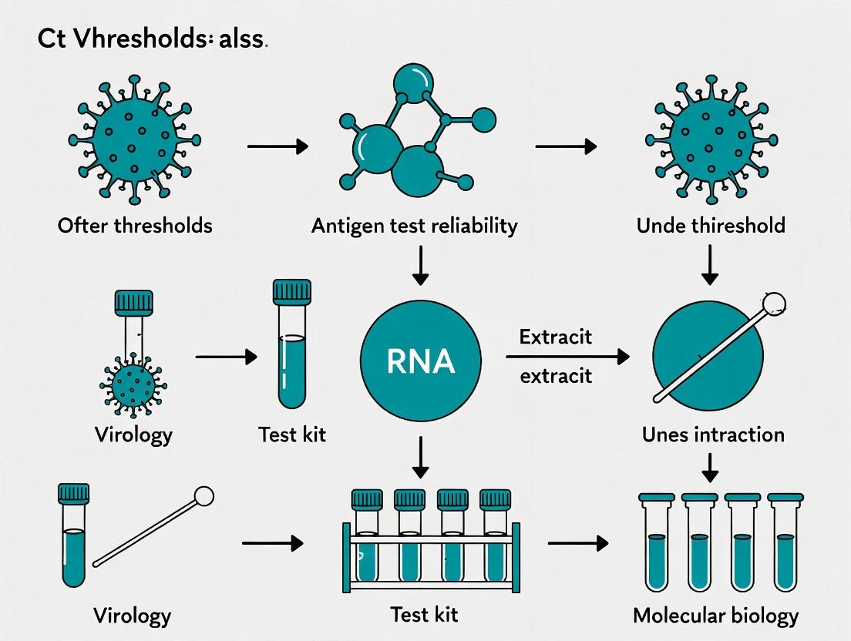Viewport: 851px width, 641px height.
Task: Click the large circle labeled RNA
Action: click(421, 361)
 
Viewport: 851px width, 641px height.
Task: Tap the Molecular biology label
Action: click(715, 616)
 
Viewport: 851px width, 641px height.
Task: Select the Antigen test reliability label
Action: click(414, 226)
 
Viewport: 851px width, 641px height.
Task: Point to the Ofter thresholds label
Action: click(134, 226)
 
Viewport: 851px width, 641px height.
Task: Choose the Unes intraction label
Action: click(713, 435)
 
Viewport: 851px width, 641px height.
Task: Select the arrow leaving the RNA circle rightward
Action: click(567, 357)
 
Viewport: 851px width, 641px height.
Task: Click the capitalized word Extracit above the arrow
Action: click(555, 337)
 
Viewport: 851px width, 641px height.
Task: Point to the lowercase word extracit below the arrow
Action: click(555, 376)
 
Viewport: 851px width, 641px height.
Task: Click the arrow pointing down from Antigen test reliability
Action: click(421, 266)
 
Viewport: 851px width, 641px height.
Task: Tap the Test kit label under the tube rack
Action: click(423, 615)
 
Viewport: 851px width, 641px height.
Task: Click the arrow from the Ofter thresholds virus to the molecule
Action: click(277, 146)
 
